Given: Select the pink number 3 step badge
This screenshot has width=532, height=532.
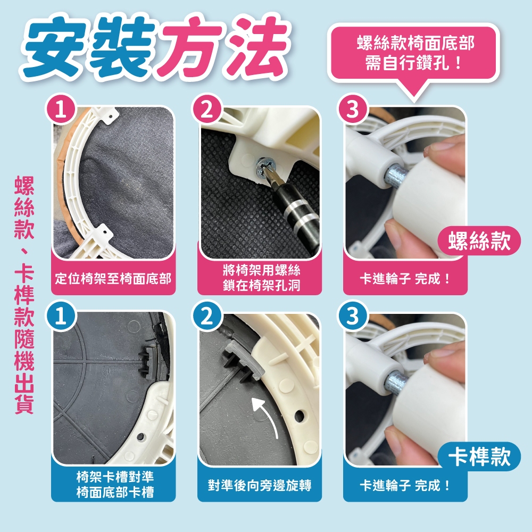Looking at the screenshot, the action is coord(353,109).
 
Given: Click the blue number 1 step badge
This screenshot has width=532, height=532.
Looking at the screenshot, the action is coord(61,316).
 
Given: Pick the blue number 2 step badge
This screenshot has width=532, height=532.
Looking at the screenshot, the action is coord(206,316).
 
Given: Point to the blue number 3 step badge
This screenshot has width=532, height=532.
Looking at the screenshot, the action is coord(353,316).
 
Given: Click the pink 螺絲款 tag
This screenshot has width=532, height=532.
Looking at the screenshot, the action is coord(479,240).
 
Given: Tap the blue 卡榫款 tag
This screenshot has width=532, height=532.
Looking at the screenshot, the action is coord(479,456).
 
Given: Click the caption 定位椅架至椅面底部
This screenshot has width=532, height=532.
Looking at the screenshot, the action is coord(113,279).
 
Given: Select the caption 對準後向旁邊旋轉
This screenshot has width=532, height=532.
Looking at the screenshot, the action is coord(260,485).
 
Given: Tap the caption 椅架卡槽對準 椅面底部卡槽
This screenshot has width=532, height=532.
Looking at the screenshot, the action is coord(115,484).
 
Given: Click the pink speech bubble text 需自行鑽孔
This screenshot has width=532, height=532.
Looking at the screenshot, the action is coord(413,63).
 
